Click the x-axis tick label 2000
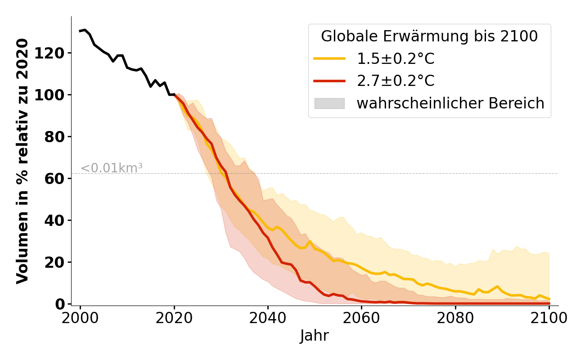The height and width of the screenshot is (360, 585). pyautogui.click(x=81, y=318)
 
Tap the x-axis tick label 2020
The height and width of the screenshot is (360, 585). pyautogui.click(x=174, y=318)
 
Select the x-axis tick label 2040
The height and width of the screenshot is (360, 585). pyautogui.click(x=268, y=318)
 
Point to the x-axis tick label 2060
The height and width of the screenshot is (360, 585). pyautogui.click(x=361, y=318)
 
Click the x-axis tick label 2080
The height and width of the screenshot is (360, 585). pyautogui.click(x=455, y=318)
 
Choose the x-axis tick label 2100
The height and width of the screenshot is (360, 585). pyautogui.click(x=549, y=318)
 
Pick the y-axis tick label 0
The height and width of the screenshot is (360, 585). pyautogui.click(x=63, y=304)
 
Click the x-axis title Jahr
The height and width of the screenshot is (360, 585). pyautogui.click(x=315, y=336)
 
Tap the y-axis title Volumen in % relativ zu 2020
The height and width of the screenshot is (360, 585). pyautogui.click(x=22, y=161)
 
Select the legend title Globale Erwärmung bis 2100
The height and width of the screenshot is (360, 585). pyautogui.click(x=429, y=36)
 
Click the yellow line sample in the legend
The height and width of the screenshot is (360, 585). pyautogui.click(x=329, y=59)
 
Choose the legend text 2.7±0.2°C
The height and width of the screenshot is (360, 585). pyautogui.click(x=396, y=81)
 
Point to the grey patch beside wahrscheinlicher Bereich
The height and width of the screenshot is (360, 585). pyautogui.click(x=329, y=103)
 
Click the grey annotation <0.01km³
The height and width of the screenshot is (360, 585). pyautogui.click(x=112, y=168)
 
